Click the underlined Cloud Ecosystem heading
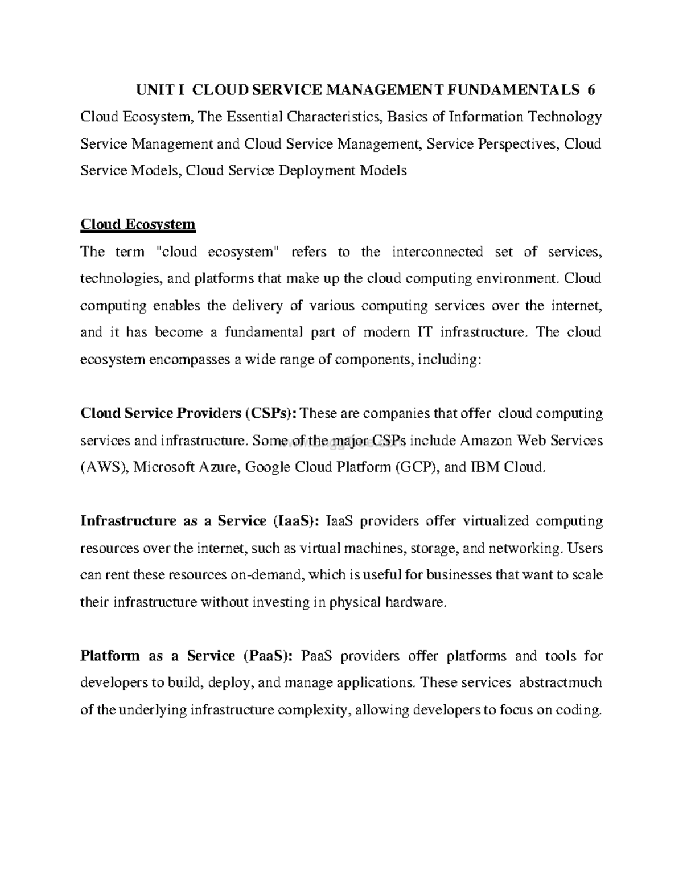coord(138,224)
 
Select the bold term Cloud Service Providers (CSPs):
coord(188,413)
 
